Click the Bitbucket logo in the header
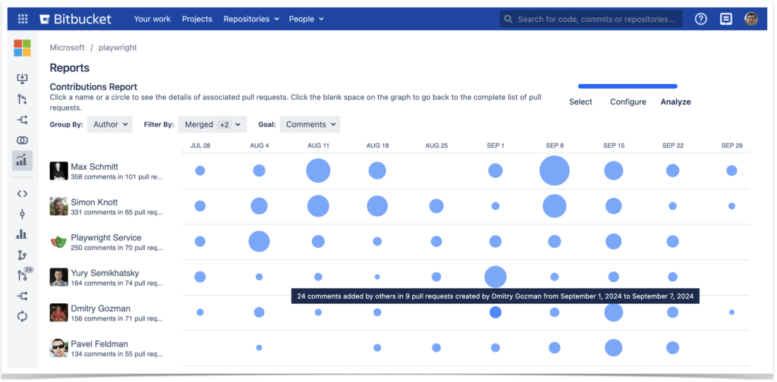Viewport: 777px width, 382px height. (75, 19)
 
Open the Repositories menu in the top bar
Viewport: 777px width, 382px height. (251, 19)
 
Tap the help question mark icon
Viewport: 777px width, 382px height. (700, 19)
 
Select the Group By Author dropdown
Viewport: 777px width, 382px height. (110, 124)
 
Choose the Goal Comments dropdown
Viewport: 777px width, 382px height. (310, 124)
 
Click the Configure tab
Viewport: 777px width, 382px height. (628, 102)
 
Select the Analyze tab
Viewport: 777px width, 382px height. (675, 102)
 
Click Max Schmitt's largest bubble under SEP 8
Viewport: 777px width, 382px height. (555, 171)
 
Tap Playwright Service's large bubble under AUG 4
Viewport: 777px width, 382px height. (260, 241)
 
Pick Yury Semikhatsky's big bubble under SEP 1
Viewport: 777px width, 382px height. (495, 277)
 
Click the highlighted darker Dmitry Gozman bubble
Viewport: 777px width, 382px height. (495, 312)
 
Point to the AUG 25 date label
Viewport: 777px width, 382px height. (436, 145)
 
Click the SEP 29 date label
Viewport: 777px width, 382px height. (731, 145)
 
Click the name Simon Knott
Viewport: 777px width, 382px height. (95, 202)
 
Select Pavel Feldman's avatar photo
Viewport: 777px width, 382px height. (59, 348)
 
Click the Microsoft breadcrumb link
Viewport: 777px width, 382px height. (67, 48)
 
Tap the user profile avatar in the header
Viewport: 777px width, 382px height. (751, 19)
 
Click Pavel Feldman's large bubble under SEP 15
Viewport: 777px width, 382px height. (614, 348)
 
